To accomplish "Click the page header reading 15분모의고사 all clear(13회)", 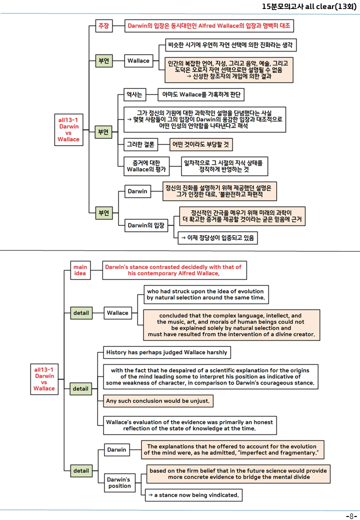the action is pos(309,6).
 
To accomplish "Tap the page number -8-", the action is pos(351,516).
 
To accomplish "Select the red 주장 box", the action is pos(104,25).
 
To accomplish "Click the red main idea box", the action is pos(80,270).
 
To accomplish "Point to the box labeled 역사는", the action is pos(134,94).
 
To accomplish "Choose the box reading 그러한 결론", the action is pos(140,144).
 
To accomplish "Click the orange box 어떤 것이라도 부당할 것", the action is pos(201,144).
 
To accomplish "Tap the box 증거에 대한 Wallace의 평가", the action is pos(146,166).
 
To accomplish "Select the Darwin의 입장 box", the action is pos(146,225).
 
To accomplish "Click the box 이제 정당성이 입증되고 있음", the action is pos(218,238).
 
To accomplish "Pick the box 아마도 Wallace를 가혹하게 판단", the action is pos(201,94).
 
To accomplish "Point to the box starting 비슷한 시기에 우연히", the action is pos(230,45).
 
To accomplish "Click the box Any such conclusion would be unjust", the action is pos(158,400).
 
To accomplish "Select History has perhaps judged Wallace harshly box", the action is pos(166,352).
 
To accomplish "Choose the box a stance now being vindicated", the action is pos(193,495).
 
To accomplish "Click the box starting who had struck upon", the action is pos(206,294).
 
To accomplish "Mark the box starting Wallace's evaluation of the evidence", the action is pos(190,425).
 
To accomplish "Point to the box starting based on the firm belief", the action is pos(238,473).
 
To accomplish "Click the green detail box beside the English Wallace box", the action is pos(81,312).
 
